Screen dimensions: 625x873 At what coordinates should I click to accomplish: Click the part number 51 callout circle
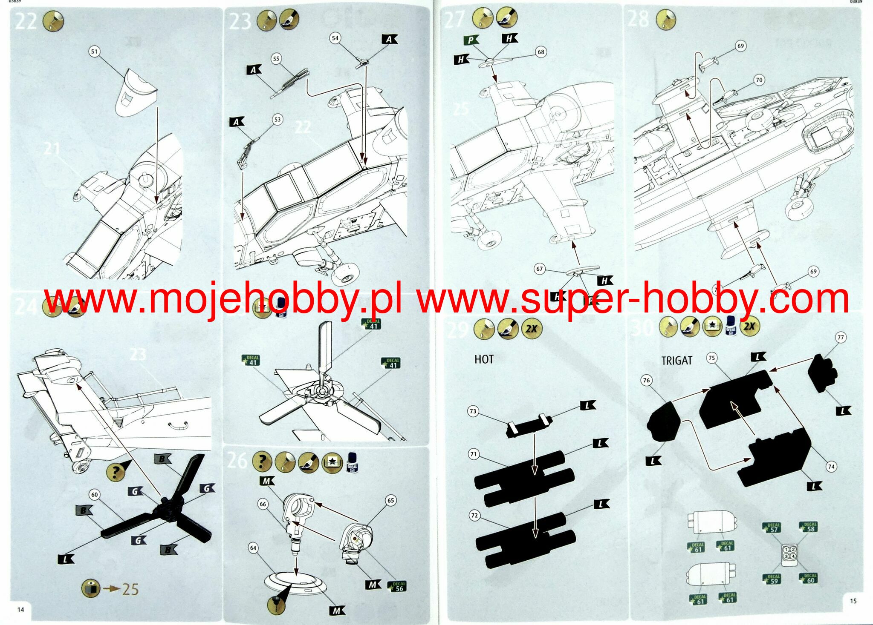point(94,52)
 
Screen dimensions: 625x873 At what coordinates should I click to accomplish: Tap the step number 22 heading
point(25,21)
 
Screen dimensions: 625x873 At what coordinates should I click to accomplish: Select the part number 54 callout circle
point(335,38)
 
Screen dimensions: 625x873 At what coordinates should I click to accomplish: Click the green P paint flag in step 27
point(470,40)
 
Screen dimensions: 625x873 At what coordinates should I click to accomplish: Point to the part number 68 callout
point(541,52)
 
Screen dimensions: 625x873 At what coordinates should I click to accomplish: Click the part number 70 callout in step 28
point(759,80)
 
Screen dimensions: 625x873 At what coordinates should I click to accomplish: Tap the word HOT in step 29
point(484,359)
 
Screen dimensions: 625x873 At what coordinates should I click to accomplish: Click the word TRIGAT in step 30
point(676,361)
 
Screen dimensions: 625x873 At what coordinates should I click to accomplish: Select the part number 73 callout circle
point(473,411)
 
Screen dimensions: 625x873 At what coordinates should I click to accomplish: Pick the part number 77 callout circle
point(841,338)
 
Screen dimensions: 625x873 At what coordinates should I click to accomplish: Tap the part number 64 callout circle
point(253,548)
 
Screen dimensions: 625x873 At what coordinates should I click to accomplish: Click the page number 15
point(853,601)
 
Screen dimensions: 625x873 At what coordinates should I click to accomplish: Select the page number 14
point(20,609)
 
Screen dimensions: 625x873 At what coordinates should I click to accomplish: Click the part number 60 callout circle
point(94,494)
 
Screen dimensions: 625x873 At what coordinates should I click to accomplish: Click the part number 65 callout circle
point(390,500)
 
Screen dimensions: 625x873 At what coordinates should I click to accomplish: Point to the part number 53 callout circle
point(278,119)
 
